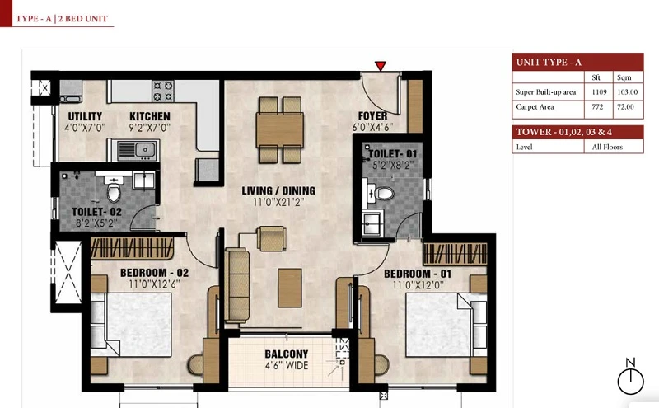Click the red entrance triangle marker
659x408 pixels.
(381, 66)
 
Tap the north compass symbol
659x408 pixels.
(630, 377)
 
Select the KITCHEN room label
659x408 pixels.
(150, 116)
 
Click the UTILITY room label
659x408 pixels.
(85, 116)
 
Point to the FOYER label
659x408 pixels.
(373, 115)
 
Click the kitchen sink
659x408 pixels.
(137, 150)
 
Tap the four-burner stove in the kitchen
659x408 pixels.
(162, 91)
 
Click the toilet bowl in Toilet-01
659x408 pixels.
(384, 194)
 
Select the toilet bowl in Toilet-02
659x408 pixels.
(114, 191)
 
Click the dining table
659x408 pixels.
(280, 130)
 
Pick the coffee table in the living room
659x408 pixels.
(290, 288)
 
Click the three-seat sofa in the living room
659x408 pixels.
(236, 285)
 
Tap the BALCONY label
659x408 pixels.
(286, 354)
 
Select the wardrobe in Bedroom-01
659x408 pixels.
(456, 253)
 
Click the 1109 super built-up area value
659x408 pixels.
(599, 91)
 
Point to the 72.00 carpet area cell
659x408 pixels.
(625, 107)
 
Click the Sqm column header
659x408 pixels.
(624, 77)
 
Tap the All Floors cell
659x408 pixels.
(607, 147)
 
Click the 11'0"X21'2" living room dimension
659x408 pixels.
(278, 202)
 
